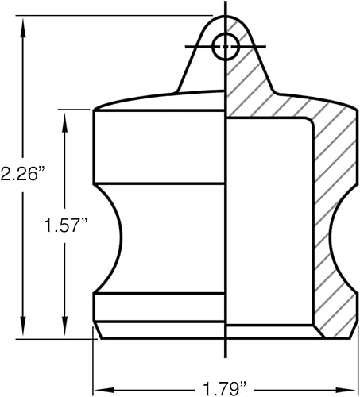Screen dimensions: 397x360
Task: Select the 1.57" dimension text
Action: point(64,225)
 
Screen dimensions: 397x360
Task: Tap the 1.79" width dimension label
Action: point(226,388)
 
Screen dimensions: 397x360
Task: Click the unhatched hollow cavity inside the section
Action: point(266,222)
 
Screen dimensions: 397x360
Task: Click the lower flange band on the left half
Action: point(159,305)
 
